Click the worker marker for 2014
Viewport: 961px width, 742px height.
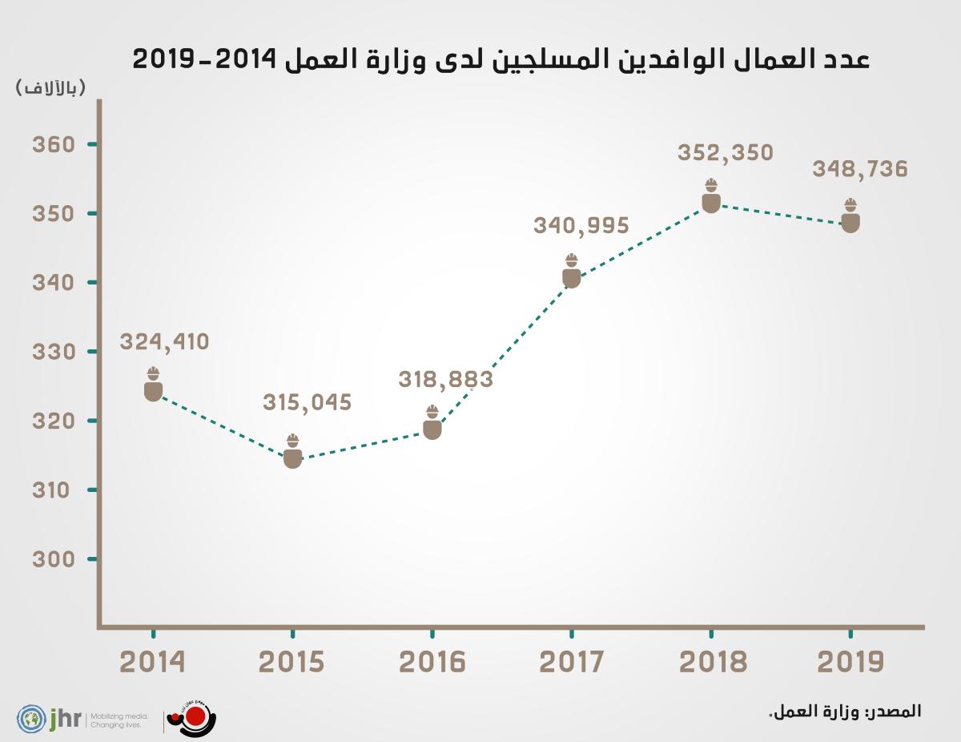pos(153,385)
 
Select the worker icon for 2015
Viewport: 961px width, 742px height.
pos(292,453)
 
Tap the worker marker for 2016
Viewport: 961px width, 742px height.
pos(432,424)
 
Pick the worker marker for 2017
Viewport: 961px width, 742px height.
pos(571,272)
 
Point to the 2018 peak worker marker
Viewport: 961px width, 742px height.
pos(711,197)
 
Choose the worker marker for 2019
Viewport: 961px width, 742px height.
pos(850,217)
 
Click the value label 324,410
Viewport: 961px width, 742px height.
pos(164,342)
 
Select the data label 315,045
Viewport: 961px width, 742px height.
pos(307,402)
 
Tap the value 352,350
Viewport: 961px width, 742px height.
pos(725,153)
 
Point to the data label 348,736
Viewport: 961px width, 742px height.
pos(859,170)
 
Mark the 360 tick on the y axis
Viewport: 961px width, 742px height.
pos(53,145)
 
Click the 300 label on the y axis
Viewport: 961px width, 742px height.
pos(53,559)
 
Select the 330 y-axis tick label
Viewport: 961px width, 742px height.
pos(53,352)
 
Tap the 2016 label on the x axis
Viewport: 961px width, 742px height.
pos(432,663)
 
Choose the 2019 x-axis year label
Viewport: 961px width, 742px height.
pos(850,663)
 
